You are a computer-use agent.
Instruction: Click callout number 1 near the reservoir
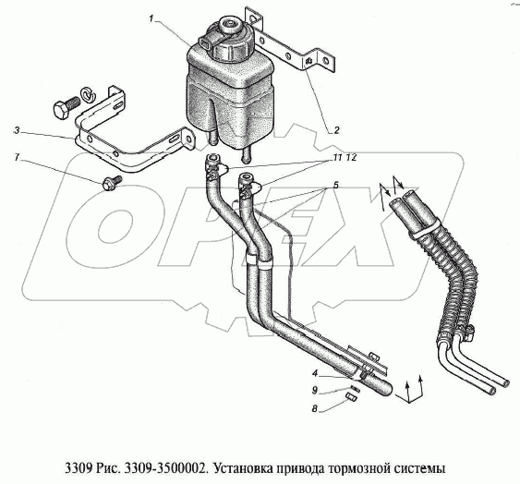coord(151,19)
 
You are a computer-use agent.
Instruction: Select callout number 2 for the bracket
coord(336,130)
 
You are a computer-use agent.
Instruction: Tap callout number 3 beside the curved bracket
coord(17,131)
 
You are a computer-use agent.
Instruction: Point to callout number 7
coord(17,157)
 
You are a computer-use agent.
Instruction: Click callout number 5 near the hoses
coord(336,186)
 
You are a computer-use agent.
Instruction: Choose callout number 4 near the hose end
coord(315,374)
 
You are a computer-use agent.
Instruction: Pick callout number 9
coord(315,391)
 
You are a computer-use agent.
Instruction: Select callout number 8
coord(314,408)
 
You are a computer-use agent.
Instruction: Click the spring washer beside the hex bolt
coord(88,94)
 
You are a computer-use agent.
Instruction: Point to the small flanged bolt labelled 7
coord(112,183)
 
